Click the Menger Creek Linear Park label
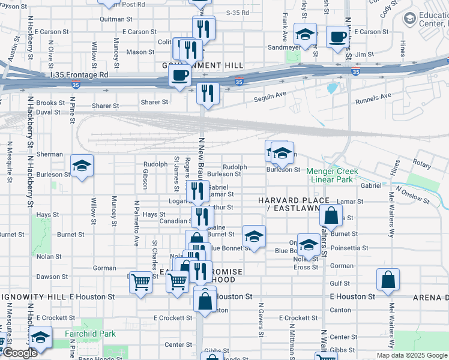[x=332, y=175]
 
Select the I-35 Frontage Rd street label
[x=79, y=75]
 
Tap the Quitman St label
[x=112, y=19]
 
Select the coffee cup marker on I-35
[x=179, y=75]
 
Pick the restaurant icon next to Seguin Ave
[x=208, y=93]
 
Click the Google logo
[x=19, y=353]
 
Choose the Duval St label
[x=47, y=112]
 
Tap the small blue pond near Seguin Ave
[x=332, y=88]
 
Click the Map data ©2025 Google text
[x=412, y=355]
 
